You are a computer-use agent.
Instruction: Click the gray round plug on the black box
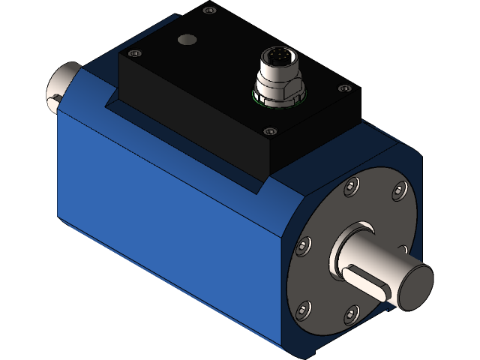pos(185,39)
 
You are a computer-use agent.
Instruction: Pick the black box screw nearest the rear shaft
pos(134,53)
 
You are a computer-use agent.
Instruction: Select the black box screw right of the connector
pos(344,88)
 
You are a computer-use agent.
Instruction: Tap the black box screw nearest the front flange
pos(270,131)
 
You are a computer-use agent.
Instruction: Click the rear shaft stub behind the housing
pos(65,82)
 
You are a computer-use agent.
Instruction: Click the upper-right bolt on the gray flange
pos(398,195)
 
